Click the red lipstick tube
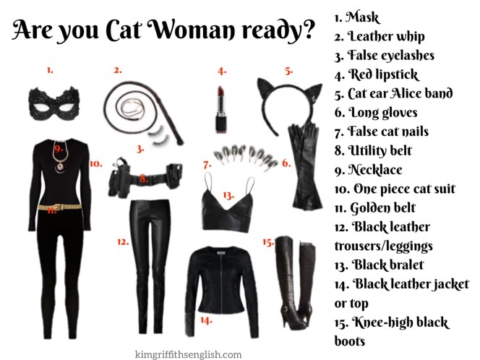coord(221,109)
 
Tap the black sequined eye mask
coord(54,104)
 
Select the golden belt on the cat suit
coord(60,207)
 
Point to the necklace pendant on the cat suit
coord(59,167)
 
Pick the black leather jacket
coord(222,291)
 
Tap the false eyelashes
coord(159,136)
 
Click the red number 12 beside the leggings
coord(123,242)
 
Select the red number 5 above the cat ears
coord(288,71)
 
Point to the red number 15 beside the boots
coord(268,242)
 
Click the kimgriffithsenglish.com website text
coord(188,354)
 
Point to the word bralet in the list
coord(404,265)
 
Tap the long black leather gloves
coord(304,167)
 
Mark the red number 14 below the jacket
coord(206,320)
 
